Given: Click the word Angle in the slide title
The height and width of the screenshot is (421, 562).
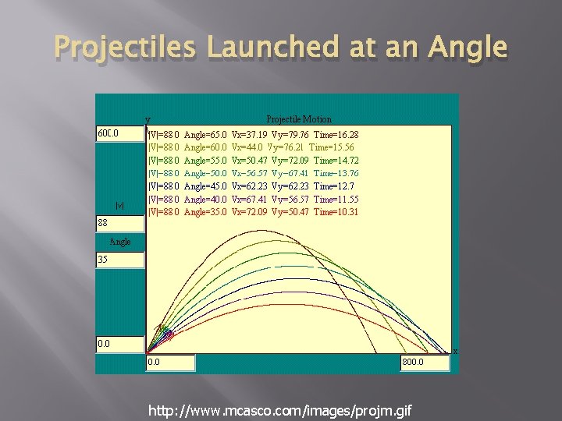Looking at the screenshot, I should coord(466,49).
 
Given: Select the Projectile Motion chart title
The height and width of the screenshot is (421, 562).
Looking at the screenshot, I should coord(299,119).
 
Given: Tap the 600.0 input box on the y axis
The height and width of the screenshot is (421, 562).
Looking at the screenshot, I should coord(119,133).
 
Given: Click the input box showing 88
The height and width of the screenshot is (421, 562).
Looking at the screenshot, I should coord(119,224).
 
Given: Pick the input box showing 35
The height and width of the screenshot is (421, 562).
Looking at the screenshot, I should coord(119,259).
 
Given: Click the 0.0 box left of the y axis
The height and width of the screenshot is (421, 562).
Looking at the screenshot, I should coord(119,343).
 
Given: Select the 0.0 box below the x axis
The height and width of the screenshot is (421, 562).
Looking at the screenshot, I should coord(169,363).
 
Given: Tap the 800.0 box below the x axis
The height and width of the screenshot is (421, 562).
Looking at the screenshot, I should coord(424,363).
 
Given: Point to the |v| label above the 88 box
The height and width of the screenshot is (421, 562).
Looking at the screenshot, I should coord(119,206).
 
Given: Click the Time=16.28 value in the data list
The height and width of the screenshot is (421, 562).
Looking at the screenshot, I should coord(336,134).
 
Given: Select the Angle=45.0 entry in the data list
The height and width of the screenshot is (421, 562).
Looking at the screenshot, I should coord(205,186).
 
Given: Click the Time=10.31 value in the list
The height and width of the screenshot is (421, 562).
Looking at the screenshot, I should coord(336,211).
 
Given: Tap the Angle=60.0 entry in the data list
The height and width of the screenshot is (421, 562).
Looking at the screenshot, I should coord(205,147).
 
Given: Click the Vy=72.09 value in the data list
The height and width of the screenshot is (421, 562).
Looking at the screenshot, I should coord(290,160).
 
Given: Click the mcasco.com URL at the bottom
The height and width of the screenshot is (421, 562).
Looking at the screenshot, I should coord(280,411).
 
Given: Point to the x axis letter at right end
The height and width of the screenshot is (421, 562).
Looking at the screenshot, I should coord(455,352).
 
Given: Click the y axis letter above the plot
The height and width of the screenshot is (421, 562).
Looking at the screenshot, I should coord(147,120).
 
